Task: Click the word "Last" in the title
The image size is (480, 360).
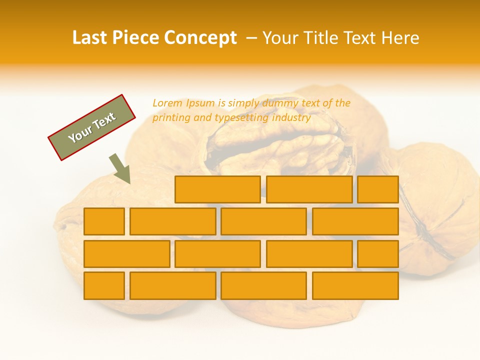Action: (90, 38)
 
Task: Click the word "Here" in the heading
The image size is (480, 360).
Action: (400, 38)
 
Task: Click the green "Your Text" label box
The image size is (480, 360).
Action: (92, 127)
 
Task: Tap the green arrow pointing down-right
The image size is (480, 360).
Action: (120, 168)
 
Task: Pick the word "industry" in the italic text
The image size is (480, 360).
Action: (291, 118)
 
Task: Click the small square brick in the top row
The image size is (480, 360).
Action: (377, 189)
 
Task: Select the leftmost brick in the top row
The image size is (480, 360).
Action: (217, 189)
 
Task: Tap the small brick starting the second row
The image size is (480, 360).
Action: (104, 221)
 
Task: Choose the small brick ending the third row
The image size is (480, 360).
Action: (377, 253)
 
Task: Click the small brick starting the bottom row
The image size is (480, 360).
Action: (104, 285)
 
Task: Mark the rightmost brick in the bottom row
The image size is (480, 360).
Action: (355, 285)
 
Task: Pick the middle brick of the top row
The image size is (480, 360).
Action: (309, 189)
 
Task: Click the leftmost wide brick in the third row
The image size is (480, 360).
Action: (126, 253)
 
